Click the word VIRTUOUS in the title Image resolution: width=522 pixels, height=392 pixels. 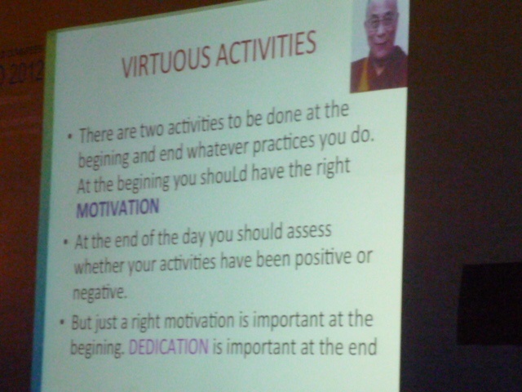pos(166,63)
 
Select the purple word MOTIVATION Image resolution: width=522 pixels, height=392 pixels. pos(117,208)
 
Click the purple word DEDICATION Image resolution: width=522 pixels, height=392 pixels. pos(169,346)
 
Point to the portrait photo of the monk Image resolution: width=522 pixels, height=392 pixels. pos(379,45)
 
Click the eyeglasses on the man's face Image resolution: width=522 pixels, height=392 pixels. pos(379,23)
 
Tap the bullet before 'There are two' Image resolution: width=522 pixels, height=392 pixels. pos(69,136)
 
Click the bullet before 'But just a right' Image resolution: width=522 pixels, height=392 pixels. pos(62,323)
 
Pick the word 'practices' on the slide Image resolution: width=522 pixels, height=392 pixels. pos(285,145)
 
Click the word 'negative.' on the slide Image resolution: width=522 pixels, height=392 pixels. pos(100,292)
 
